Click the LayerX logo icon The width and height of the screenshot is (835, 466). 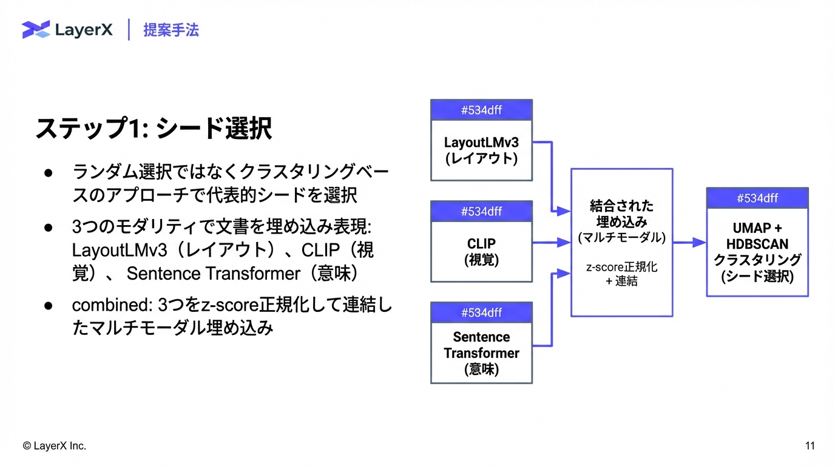[x=36, y=29]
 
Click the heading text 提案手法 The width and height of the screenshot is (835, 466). [x=171, y=30]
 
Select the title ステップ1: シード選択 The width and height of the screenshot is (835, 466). [x=154, y=129]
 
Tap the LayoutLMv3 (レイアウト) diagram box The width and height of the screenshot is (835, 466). [x=481, y=150]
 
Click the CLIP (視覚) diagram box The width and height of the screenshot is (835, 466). [x=481, y=251]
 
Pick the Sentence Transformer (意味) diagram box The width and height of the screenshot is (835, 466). [x=481, y=353]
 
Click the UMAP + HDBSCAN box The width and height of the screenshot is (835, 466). [x=757, y=252]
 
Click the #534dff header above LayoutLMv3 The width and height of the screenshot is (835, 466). [x=481, y=110]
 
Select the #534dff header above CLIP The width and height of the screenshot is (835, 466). [x=481, y=211]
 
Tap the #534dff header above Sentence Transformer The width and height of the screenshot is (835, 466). [x=481, y=312]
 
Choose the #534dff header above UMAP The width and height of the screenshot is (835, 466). [x=757, y=198]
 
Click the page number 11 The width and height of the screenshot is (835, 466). [x=810, y=446]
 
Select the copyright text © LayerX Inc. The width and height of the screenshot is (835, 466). [x=55, y=446]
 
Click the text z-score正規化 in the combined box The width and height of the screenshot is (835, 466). [x=621, y=267]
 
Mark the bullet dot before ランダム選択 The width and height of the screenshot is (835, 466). [x=49, y=172]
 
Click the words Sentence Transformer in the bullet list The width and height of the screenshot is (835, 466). [x=213, y=274]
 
